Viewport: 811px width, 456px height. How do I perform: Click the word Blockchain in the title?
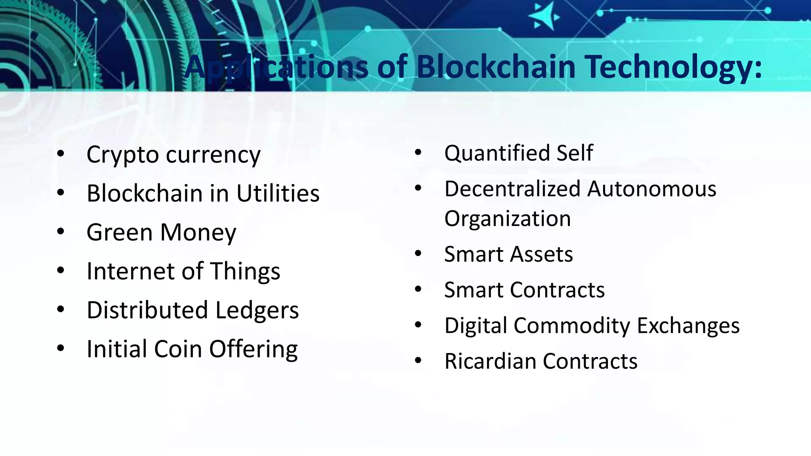click(496, 66)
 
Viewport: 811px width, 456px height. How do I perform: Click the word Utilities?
click(278, 194)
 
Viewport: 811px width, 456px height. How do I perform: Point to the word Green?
click(119, 232)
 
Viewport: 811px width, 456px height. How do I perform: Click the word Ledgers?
click(257, 310)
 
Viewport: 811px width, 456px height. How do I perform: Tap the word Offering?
click(253, 349)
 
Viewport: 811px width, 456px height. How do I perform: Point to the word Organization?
click(507, 219)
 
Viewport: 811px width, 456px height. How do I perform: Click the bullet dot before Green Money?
click(60, 232)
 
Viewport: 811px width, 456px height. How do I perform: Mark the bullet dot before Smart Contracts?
click(418, 289)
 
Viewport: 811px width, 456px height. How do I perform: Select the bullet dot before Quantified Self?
click(418, 153)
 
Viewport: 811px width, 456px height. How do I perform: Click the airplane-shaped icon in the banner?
click(544, 17)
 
